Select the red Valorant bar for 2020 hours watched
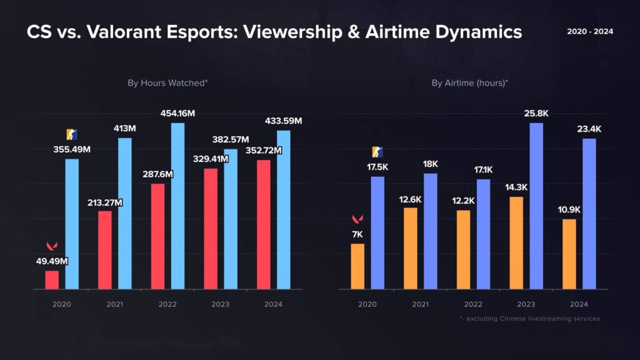click(52, 279)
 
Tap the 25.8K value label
click(536, 113)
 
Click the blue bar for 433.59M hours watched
click(284, 209)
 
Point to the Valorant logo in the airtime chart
click(357, 219)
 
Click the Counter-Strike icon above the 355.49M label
click(72, 134)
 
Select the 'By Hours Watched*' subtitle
click(167, 82)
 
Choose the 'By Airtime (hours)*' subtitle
click(471, 82)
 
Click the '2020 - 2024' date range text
click(590, 31)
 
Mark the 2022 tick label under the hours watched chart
click(167, 304)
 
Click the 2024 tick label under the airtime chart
click(579, 304)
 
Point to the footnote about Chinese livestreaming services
click(529, 319)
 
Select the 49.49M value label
click(51, 261)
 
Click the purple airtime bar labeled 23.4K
click(589, 214)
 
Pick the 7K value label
click(357, 234)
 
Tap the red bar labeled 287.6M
click(157, 236)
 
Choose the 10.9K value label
click(569, 209)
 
